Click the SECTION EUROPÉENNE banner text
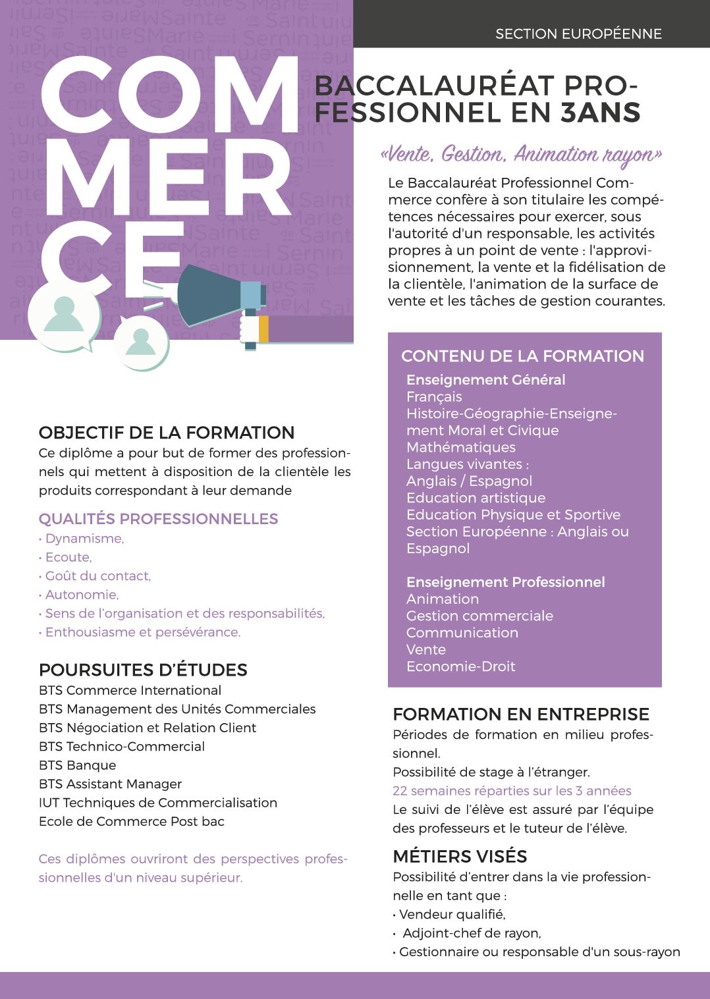578,34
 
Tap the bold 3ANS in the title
601,113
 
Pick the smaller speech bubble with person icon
140,342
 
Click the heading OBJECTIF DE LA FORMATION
167,433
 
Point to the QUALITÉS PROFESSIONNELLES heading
158,519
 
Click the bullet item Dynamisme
84,539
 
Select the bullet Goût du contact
97,576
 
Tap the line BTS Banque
78,765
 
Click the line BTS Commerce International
130,690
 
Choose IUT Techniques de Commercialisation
158,803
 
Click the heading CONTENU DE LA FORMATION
522,356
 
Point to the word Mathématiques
461,448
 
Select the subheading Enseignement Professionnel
505,582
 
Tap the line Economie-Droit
460,666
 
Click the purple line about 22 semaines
512,791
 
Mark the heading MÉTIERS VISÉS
460,856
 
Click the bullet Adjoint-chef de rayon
472,933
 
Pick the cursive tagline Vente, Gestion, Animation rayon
521,155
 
